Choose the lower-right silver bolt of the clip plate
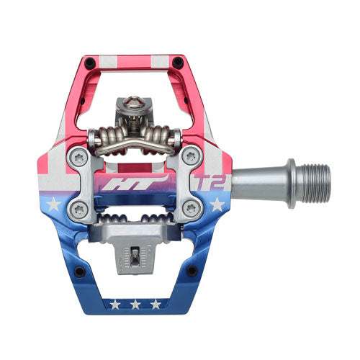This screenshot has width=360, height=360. click(x=192, y=209)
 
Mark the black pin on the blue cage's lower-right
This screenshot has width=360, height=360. click(x=192, y=271)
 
